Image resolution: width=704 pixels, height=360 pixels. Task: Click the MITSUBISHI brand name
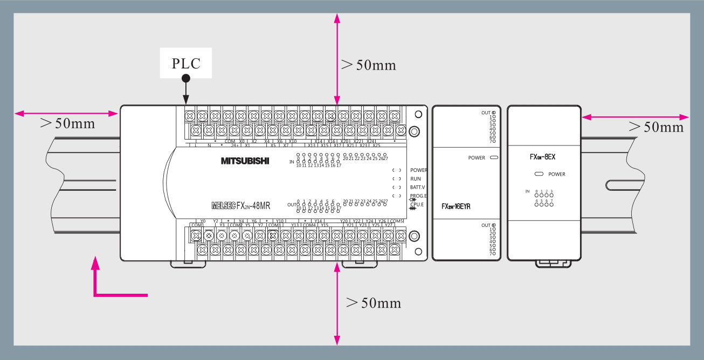(245, 161)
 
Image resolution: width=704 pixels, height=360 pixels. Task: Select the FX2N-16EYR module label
(455, 207)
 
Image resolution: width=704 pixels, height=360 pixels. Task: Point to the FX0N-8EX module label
(542, 157)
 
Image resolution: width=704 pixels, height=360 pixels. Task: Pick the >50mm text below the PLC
(374, 302)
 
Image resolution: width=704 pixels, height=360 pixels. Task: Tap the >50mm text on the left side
(67, 123)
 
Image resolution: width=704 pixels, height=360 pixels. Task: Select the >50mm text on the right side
(656, 127)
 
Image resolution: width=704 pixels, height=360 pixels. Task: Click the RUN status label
(416, 178)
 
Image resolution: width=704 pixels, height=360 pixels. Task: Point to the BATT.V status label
(417, 187)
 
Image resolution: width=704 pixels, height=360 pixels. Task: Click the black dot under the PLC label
(186, 79)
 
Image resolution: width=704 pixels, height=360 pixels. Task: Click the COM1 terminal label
(197, 225)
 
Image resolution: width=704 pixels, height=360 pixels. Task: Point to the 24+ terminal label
(235, 145)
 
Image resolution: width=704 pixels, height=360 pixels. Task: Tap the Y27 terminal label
(389, 225)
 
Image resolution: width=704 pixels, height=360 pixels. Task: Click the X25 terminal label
(376, 145)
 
